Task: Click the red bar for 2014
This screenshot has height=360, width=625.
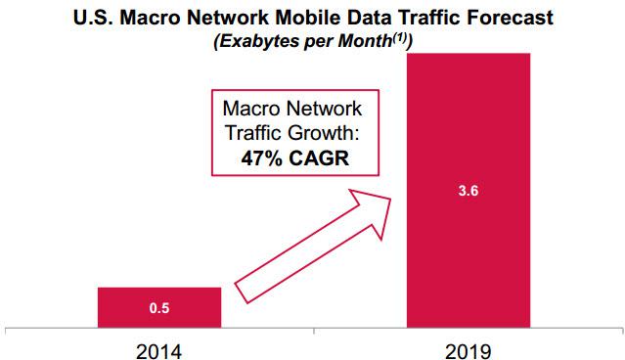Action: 159,307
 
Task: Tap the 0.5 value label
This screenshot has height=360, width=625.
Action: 159,309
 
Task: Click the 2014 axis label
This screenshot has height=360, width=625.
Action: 159,347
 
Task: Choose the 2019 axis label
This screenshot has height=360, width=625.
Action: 469,347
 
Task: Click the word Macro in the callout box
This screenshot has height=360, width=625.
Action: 252,111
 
